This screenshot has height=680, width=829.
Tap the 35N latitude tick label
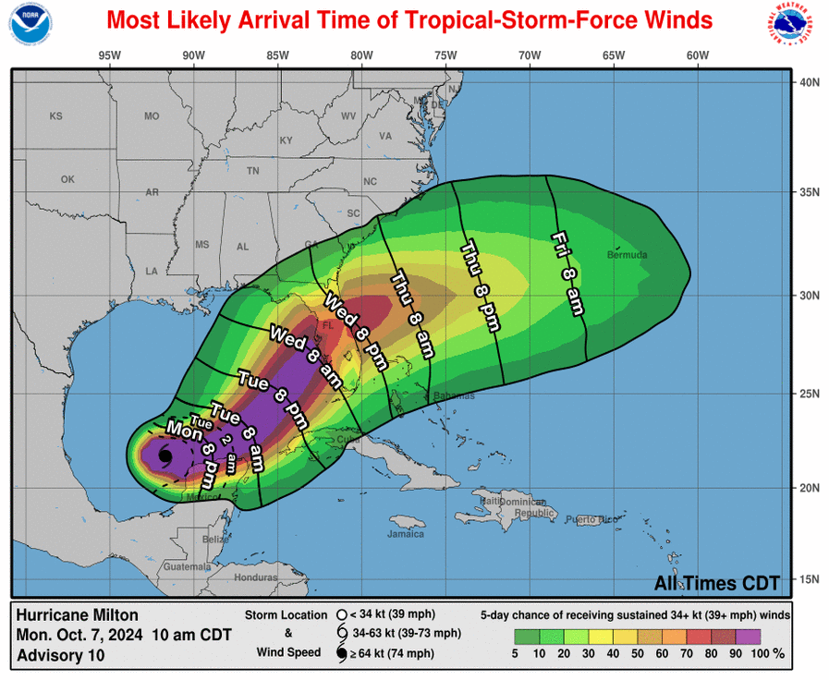click(810, 192)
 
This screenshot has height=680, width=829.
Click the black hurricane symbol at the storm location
click(165, 455)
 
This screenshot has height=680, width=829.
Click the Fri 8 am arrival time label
click(567, 273)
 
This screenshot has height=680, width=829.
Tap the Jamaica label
click(406, 534)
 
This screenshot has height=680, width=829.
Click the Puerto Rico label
click(591, 519)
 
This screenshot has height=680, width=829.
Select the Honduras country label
click(256, 577)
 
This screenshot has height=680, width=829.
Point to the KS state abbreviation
click(55, 116)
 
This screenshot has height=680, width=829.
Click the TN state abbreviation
click(252, 172)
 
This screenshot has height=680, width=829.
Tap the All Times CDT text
click(716, 583)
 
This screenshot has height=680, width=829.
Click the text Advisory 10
click(60, 655)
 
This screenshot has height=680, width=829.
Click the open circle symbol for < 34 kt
click(342, 614)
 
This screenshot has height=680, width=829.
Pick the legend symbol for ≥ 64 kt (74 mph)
click(342, 653)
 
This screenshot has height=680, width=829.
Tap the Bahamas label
click(456, 395)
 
